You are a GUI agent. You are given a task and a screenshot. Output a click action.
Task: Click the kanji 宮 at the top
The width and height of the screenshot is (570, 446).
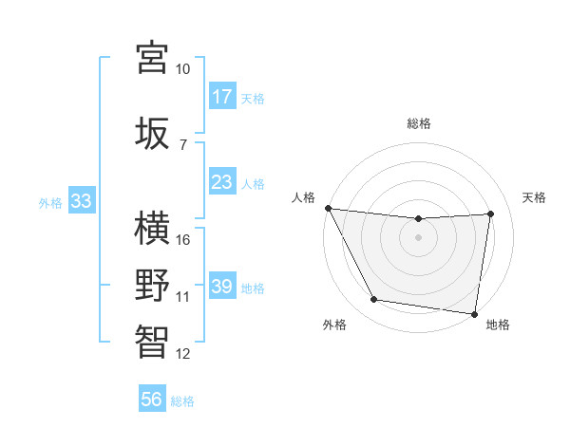tap(152, 57)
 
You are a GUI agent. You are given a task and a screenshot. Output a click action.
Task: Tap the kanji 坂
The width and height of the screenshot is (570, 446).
tap(152, 131)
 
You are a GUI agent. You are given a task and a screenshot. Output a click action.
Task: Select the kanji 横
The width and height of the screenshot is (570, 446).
tap(152, 228)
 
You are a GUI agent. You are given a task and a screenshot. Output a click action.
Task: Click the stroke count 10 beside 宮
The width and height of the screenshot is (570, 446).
tap(183, 69)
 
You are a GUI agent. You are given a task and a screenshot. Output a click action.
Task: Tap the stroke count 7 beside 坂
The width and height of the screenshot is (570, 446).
tap(183, 143)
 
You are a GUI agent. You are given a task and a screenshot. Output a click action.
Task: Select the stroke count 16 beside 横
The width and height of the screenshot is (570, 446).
tap(183, 240)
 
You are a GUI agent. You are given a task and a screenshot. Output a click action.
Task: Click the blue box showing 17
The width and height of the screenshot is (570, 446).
tap(222, 97)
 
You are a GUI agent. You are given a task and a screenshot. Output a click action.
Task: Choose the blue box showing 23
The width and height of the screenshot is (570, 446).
tap(222, 182)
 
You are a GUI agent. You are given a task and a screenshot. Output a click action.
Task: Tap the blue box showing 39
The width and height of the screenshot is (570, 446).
tap(222, 287)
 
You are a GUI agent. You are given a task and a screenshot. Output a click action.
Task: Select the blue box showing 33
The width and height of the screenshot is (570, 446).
tap(81, 201)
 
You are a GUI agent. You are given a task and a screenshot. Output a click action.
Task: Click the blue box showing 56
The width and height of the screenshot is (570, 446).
tap(151, 400)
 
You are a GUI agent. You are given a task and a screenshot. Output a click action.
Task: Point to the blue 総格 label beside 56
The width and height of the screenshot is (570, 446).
tap(182, 401)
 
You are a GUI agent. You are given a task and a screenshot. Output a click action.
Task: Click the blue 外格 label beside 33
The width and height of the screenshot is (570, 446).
tap(50, 202)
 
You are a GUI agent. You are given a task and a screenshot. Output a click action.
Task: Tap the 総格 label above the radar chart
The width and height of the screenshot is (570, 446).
tap(419, 123)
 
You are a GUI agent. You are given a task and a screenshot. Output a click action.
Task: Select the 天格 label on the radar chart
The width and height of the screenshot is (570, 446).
tap(535, 197)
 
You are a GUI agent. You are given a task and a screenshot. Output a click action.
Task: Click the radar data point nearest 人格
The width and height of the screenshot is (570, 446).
tap(328, 208)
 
